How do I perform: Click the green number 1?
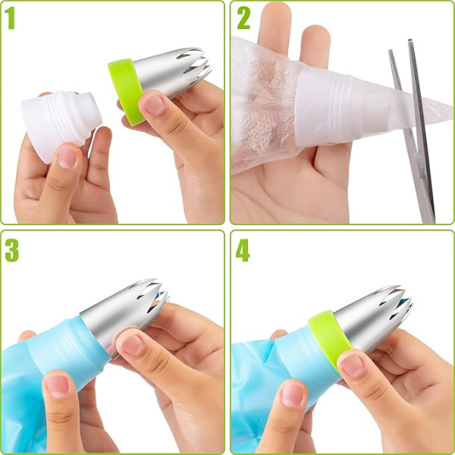[x=10, y=18]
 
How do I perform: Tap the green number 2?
[x=243, y=18]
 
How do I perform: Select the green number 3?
[x=12, y=251]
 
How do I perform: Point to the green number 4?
[x=243, y=251]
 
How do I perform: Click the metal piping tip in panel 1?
[x=172, y=71]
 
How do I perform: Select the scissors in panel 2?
[x=413, y=130]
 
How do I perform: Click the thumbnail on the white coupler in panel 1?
[x=66, y=158]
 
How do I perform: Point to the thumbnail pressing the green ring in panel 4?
[x=352, y=365]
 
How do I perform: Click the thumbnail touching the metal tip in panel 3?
[x=133, y=345]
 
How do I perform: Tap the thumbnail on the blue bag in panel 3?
[x=57, y=387]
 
